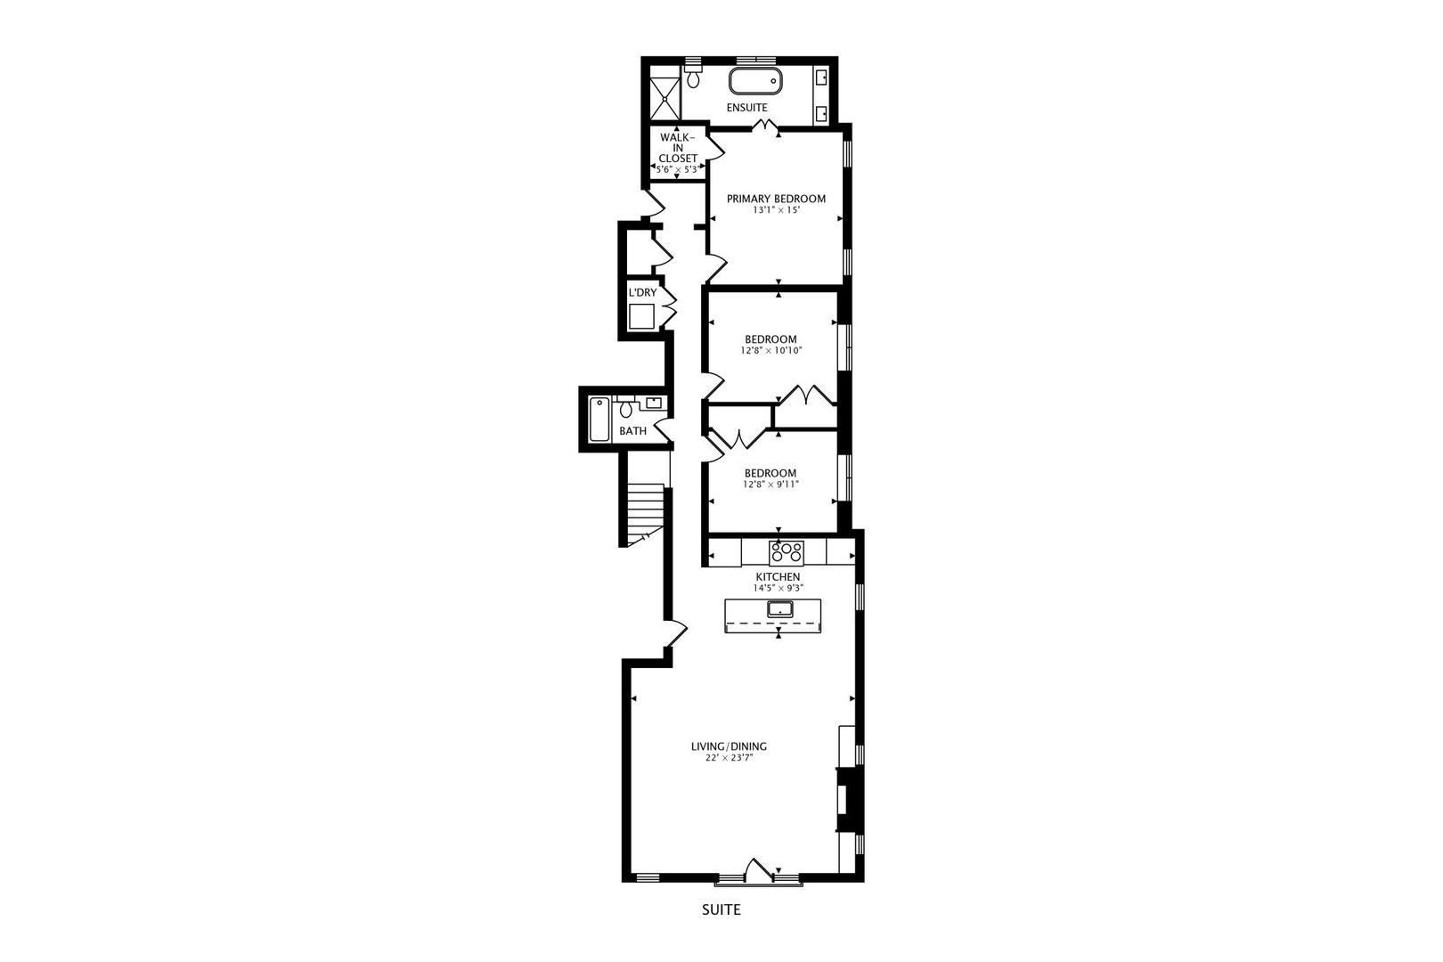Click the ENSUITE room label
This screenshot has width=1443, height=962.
pyautogui.click(x=746, y=108)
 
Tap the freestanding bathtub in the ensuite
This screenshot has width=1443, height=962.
pyautogui.click(x=755, y=82)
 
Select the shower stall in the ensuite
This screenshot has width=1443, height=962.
pyautogui.click(x=664, y=97)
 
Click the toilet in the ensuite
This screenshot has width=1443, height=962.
pyautogui.click(x=693, y=77)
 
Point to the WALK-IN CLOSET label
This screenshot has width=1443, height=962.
pyautogui.click(x=678, y=148)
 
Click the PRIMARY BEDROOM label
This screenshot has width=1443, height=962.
pyautogui.click(x=776, y=199)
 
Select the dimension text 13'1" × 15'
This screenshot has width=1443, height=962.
pyautogui.click(x=776, y=211)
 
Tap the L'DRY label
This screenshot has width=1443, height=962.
pyautogui.click(x=642, y=293)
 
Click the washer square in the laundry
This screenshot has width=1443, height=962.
pyautogui.click(x=641, y=317)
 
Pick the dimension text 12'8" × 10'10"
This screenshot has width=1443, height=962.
pyautogui.click(x=771, y=351)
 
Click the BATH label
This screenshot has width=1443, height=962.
pyautogui.click(x=632, y=431)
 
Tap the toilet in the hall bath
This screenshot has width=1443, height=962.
pyautogui.click(x=626, y=410)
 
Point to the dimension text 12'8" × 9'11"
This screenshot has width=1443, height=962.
pyautogui.click(x=770, y=485)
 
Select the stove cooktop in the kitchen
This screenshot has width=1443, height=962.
pyautogui.click(x=787, y=552)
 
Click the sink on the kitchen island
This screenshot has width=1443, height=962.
pyautogui.click(x=780, y=609)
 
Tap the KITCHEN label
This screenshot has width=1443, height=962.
pyautogui.click(x=778, y=577)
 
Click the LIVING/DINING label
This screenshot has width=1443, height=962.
pyautogui.click(x=729, y=746)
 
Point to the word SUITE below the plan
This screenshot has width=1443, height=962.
pyautogui.click(x=721, y=910)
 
